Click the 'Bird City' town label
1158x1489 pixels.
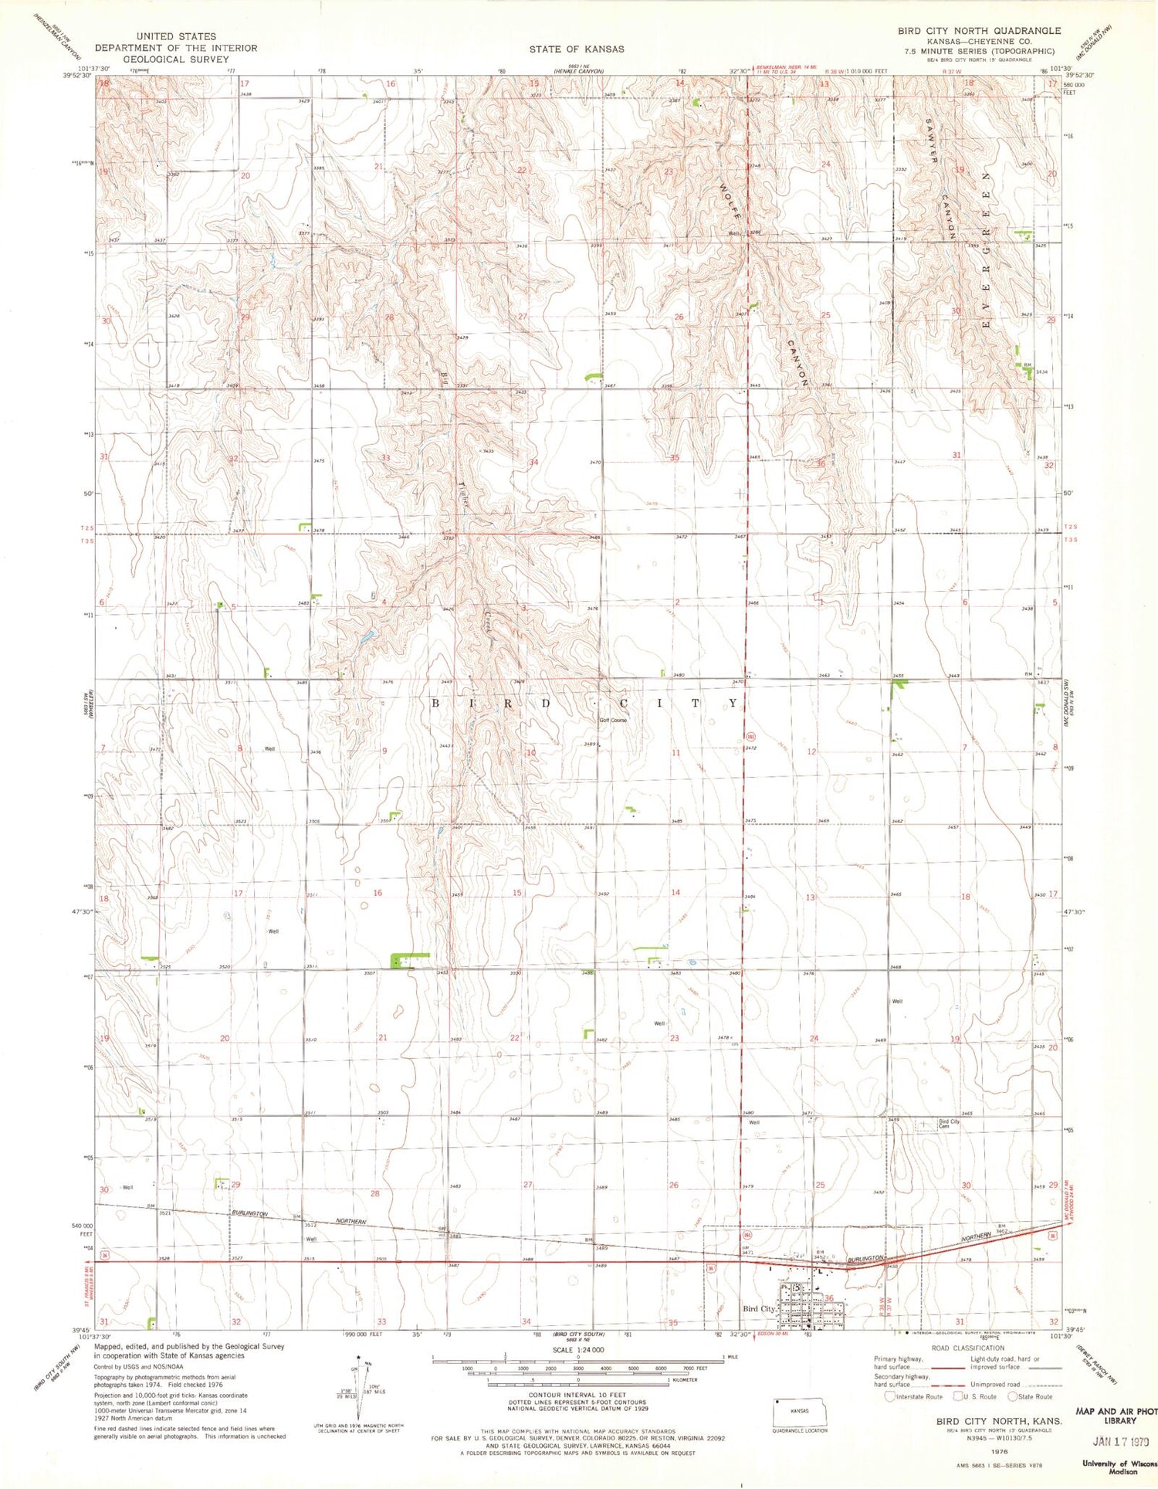click(758, 1309)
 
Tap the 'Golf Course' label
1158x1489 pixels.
click(615, 720)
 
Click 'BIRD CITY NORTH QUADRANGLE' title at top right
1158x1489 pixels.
click(979, 31)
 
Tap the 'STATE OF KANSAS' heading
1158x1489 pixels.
click(577, 49)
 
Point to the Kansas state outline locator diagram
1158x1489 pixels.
click(799, 1409)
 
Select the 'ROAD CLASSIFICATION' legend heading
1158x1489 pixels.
click(967, 1348)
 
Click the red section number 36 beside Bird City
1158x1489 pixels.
click(829, 1297)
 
